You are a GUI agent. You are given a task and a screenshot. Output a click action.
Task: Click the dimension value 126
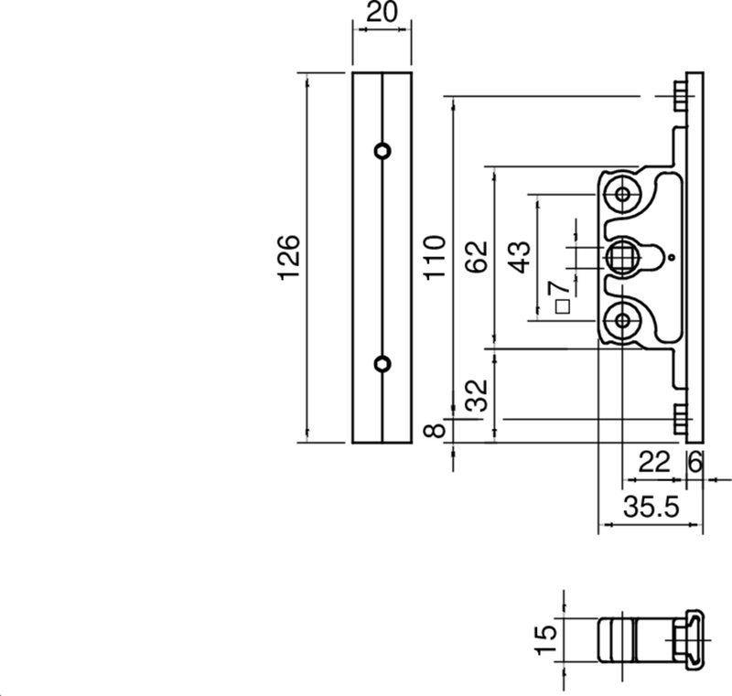tap(288, 259)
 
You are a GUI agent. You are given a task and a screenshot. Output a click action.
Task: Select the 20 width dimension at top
tap(382, 15)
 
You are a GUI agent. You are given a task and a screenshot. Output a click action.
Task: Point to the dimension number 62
tap(475, 259)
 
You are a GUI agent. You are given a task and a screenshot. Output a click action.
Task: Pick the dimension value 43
tap(519, 258)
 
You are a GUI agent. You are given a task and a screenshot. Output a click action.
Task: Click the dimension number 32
tap(475, 398)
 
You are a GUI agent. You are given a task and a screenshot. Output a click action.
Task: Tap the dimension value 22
tap(653, 463)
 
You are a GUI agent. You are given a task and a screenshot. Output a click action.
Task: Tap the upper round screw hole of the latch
tap(624, 195)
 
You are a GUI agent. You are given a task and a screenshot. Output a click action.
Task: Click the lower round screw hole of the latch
tap(624, 319)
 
